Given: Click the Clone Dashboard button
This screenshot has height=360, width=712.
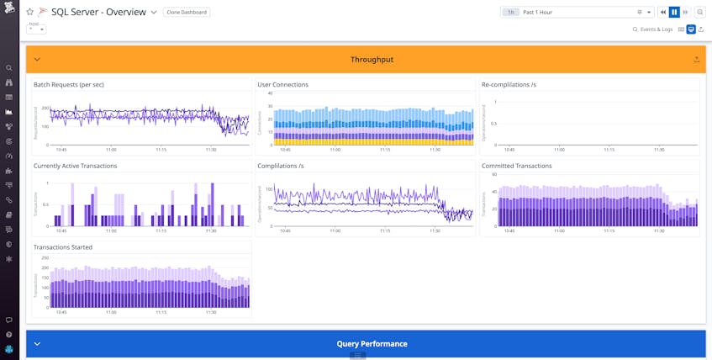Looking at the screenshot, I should coord(187,13).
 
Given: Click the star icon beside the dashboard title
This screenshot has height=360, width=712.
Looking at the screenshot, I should coord(30,13).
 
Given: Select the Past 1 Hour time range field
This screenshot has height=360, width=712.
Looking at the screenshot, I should coord(576,13).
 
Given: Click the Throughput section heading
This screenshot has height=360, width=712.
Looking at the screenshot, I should coord(372,60).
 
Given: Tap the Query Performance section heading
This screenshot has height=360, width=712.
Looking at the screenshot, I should coord(372,344).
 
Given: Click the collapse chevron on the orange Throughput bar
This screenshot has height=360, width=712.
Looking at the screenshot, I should coord(37,60).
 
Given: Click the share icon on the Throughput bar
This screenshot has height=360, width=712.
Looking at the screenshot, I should coord(696,60).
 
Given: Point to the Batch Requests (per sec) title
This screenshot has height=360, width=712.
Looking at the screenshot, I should coord(69,85).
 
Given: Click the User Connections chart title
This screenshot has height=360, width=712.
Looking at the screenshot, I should coord(282,85).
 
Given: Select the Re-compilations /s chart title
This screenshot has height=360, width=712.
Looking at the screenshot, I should coord(509,85).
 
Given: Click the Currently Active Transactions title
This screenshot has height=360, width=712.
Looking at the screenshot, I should coord(75,166).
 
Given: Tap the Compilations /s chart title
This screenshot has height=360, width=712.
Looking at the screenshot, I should coord(281,166).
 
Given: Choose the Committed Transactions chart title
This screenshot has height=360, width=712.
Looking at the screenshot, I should coord(516,166).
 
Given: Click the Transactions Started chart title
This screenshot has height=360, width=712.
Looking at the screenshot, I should coord(63,247).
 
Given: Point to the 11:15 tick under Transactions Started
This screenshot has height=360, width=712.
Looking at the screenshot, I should coord(161,312).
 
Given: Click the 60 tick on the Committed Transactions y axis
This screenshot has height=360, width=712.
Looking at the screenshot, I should coord(493,174).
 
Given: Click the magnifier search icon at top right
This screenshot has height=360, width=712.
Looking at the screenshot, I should coord(700,13).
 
